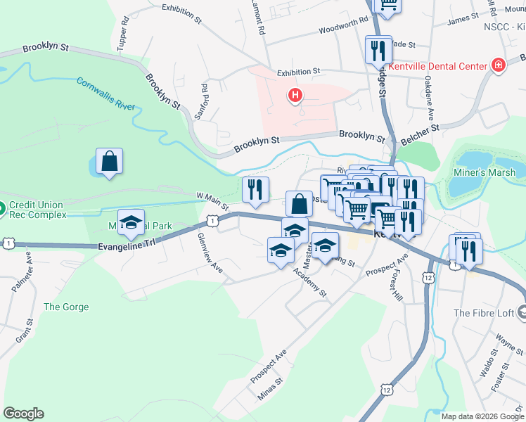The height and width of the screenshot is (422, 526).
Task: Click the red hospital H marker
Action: (295, 94)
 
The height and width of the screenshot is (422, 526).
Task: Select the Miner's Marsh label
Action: (486, 173)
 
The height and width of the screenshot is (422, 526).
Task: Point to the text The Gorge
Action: (66, 307)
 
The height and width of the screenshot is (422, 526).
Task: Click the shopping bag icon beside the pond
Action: (110, 162)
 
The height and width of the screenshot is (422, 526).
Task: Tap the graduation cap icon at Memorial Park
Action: (130, 224)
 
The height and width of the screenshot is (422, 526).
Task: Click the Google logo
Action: (23, 413)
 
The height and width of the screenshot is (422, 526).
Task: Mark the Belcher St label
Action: (420, 136)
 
